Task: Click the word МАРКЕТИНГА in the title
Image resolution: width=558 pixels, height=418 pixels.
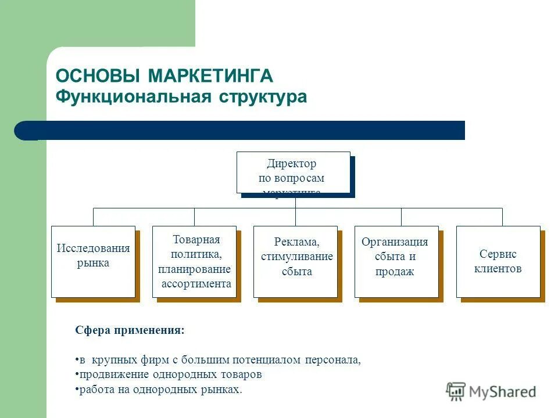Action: coord(210,76)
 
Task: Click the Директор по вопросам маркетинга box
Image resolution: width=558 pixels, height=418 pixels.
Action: coord(294,172)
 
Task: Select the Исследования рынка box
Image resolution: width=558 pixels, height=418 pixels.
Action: coord(93,262)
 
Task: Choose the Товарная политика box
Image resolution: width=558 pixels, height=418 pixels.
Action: coord(194,262)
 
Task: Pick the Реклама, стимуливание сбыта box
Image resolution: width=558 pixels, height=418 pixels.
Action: coord(295,262)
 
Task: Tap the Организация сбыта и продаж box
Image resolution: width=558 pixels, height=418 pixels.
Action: coord(396,262)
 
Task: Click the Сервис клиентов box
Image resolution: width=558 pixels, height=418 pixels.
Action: coord(498,262)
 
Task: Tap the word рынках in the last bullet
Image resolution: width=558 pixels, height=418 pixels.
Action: coord(223,389)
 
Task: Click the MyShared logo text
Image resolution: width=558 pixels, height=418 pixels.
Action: coord(502,392)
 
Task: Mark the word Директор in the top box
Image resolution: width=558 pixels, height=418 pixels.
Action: coord(292,164)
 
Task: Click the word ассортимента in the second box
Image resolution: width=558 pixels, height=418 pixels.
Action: coord(196,284)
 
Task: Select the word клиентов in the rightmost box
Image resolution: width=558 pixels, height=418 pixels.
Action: coord(498,269)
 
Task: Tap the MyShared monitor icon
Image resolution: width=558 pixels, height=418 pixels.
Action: coord(456,391)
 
